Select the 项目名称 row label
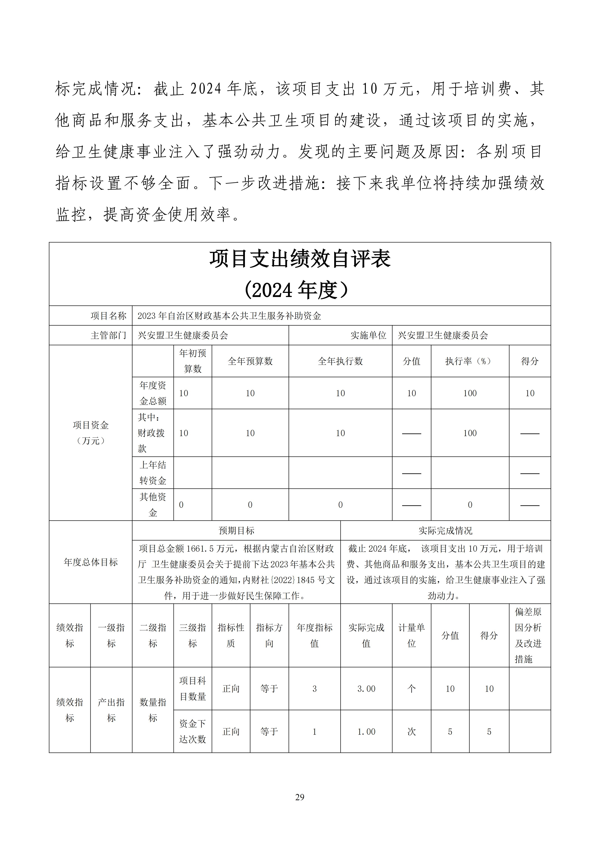108,316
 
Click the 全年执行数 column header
340,361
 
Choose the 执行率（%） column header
470,361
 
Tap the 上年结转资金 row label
153,473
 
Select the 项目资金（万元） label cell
91,433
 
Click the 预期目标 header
236,531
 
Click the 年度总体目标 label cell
91,562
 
